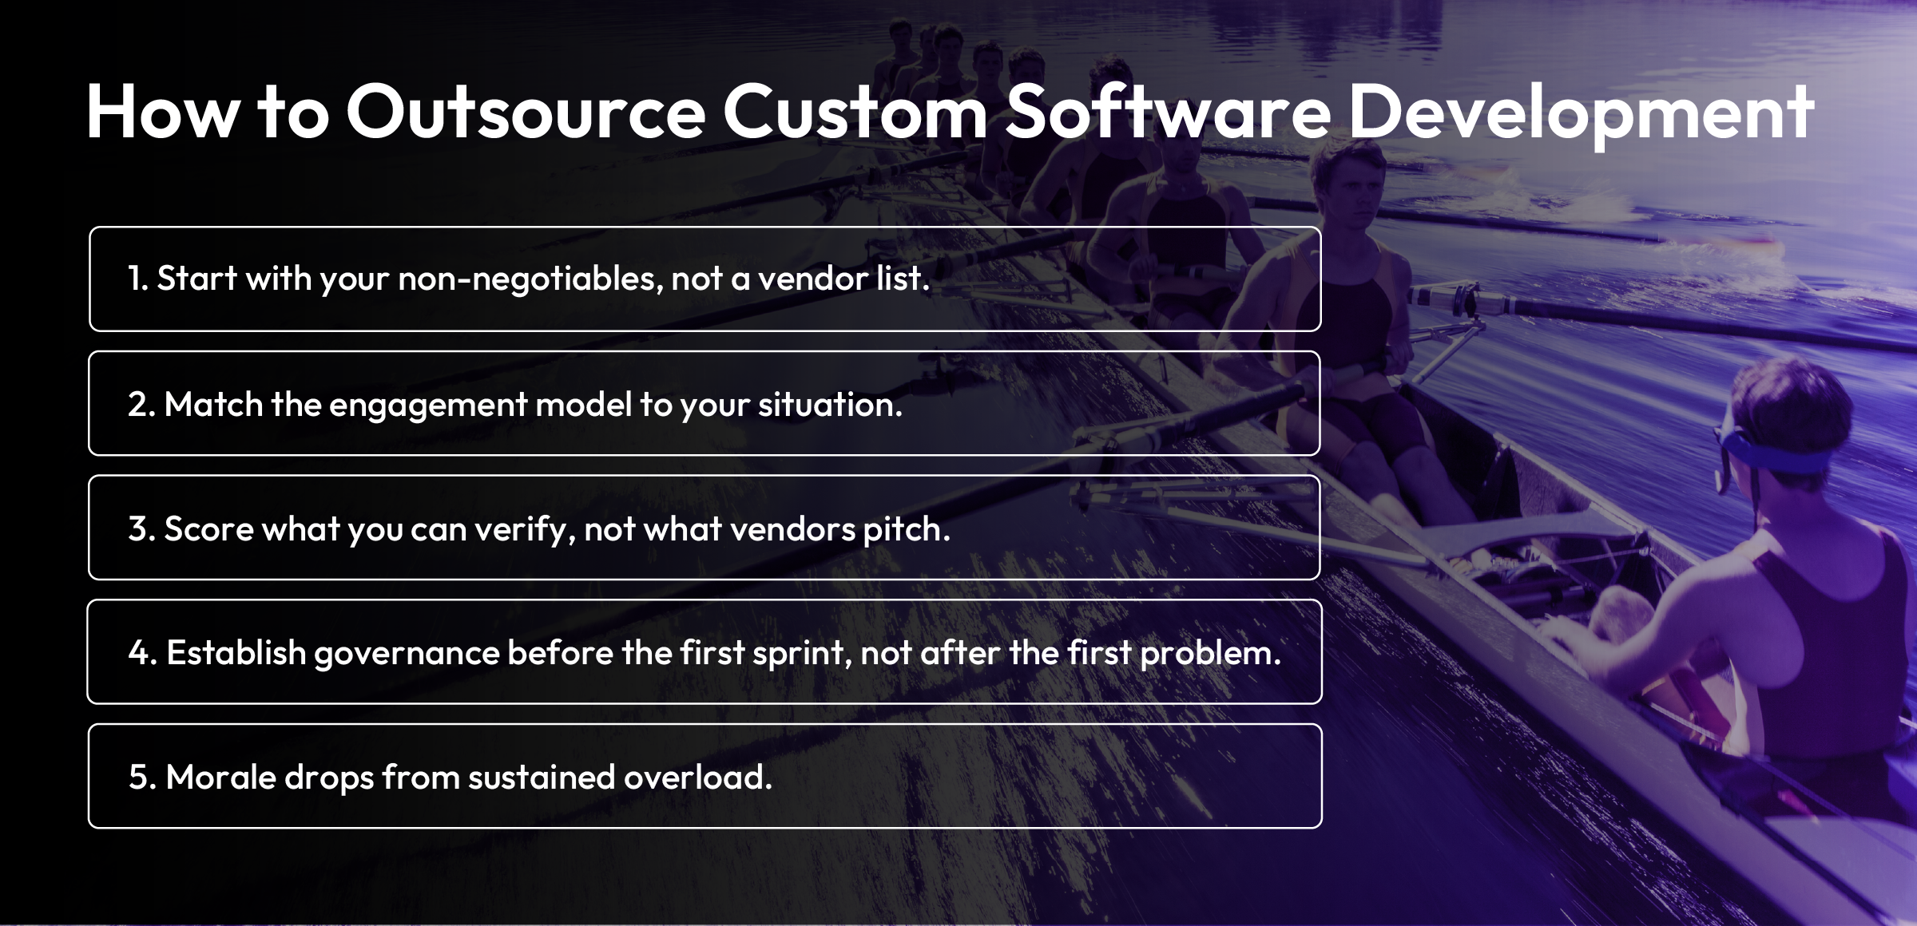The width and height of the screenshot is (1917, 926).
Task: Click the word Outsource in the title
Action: coord(526,113)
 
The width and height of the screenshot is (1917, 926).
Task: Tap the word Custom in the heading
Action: coord(855,113)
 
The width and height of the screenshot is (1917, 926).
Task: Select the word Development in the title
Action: coord(1581,113)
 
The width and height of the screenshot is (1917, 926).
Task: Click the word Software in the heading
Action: coord(1167,113)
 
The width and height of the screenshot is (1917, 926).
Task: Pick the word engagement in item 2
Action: coord(428,405)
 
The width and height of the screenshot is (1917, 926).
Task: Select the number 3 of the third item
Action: coord(140,528)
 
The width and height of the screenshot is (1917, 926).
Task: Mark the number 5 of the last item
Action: coord(140,777)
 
